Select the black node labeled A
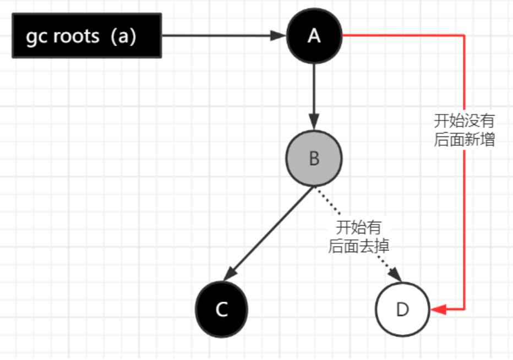tap(314, 36)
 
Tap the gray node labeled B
tap(314, 159)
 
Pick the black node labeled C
tap(221, 309)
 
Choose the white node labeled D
tap(402, 309)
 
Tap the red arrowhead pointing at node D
tap(438, 309)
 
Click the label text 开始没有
tap(464, 120)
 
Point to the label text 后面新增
tap(464, 140)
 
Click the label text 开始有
tap(358, 226)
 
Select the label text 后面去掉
tap(358, 246)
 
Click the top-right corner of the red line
tap(465, 36)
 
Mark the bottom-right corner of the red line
tap(465, 309)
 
